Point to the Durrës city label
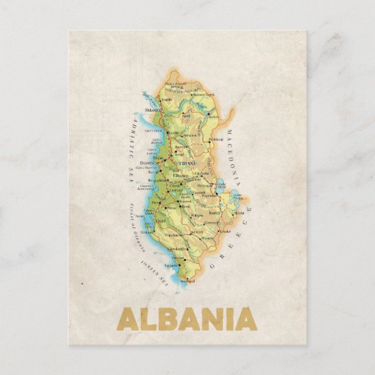148,162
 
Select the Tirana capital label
187,164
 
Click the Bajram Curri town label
204,95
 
